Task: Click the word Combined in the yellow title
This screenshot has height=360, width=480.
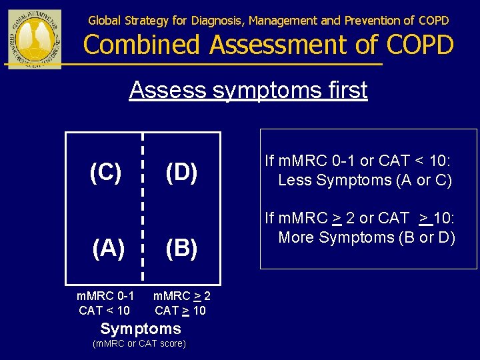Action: (x=142, y=45)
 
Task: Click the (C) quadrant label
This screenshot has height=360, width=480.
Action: (x=105, y=173)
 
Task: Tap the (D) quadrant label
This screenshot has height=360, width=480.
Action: (x=181, y=173)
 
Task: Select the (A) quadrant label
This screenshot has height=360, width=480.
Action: (x=107, y=248)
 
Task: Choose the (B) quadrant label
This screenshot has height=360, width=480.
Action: (x=181, y=248)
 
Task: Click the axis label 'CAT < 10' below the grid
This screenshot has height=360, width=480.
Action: (x=104, y=310)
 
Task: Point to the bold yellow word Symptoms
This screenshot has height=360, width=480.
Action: (x=141, y=329)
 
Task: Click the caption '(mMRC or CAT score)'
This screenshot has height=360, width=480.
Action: (x=139, y=344)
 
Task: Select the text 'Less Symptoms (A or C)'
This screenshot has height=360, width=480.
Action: (x=365, y=180)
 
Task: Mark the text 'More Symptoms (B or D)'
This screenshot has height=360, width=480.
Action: (x=367, y=237)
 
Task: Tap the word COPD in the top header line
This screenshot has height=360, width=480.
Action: (x=433, y=21)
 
